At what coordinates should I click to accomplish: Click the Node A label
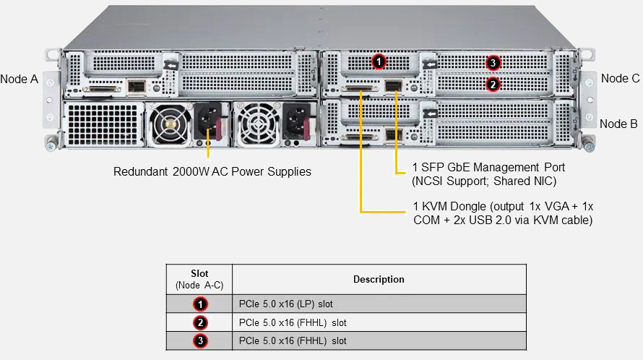(20, 78)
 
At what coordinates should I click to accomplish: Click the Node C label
(620, 78)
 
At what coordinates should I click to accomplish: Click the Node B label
(618, 124)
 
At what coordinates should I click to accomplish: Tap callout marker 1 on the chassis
(379, 61)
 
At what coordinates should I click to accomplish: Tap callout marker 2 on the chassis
(492, 84)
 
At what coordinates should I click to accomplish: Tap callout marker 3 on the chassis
(493, 63)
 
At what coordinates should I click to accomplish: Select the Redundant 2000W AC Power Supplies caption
(212, 172)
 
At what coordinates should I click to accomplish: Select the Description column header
(379, 279)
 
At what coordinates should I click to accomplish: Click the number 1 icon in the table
(200, 304)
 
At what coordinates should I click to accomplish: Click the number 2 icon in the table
(200, 322)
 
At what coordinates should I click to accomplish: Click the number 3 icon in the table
(200, 340)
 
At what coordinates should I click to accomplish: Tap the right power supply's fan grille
(256, 124)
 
